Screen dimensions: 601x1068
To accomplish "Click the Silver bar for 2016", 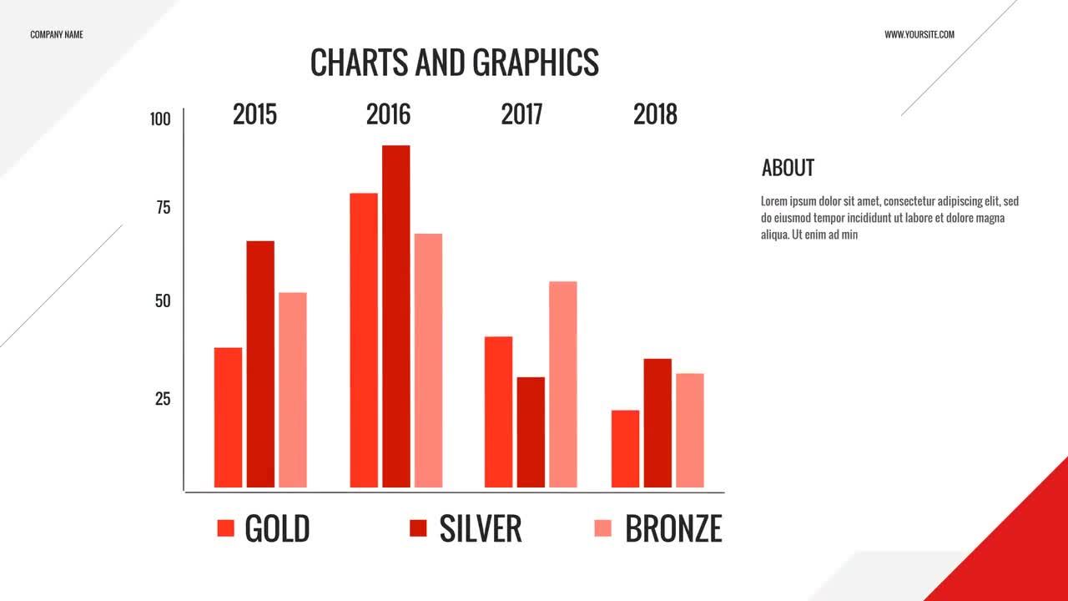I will pos(396,316).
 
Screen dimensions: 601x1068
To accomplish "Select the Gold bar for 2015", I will pos(228,417).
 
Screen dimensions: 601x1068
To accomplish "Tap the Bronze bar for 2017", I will pos(562,384).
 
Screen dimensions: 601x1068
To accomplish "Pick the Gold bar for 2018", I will pos(625,449).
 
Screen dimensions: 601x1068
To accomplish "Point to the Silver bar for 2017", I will pos(531,432).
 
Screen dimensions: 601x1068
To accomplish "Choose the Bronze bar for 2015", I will pos(292,390).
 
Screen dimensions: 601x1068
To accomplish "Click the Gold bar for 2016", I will pos(364,340).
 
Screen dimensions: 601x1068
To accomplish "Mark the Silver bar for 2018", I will pos(657,423).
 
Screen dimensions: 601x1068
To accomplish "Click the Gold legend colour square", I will pos(225,528).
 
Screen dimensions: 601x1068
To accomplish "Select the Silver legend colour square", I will pos(418,528).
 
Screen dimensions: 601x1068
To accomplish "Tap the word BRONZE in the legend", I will pos(673,529).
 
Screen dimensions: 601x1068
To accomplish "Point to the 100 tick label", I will pos(160,119).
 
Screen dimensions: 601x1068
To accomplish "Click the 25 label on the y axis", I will pos(163,399).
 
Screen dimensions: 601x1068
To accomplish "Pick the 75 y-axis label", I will pos(163,208).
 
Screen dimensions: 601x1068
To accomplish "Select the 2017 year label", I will pos(521,114).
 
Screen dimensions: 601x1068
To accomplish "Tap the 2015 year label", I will pos(254,114).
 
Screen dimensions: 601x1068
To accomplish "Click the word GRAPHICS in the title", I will pos(535,63).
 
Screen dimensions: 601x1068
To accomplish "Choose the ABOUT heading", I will pos(788,168).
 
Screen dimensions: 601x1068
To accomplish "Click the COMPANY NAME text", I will pos(57,35).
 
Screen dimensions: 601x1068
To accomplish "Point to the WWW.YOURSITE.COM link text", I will pos(919,35).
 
